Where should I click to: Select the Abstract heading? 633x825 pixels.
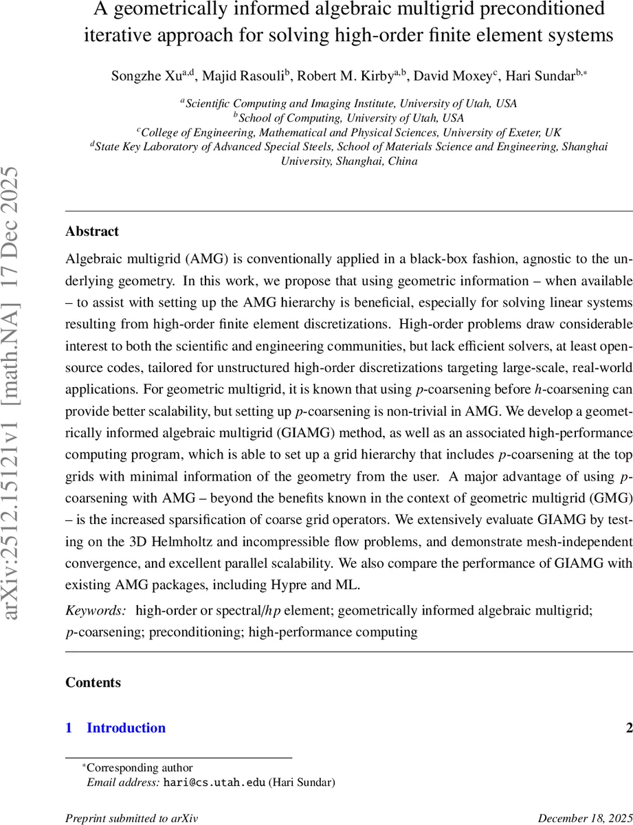tap(92, 231)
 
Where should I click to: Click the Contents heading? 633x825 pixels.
tap(93, 682)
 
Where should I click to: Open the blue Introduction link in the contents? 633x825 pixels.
tap(126, 727)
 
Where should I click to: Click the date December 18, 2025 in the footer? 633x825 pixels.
tap(585, 818)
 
